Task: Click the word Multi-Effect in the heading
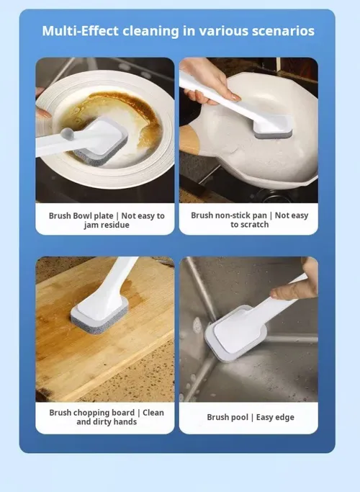pos(80,31)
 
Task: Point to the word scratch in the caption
pos(255,225)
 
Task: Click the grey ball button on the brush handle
pos(67,134)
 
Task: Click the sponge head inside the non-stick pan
pos(273,127)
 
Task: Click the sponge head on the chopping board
pos(100,316)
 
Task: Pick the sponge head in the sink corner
pos(235,334)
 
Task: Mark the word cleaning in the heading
pos(150,32)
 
